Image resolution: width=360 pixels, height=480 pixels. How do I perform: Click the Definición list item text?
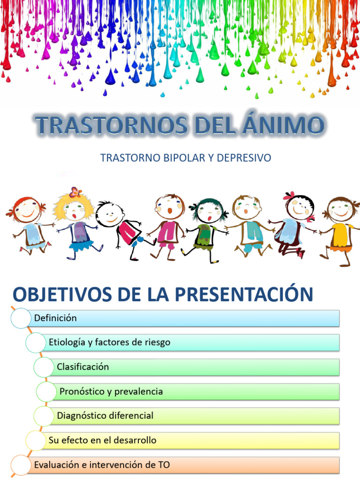[x=55, y=318]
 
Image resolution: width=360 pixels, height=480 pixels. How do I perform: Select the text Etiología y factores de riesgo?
[x=109, y=343]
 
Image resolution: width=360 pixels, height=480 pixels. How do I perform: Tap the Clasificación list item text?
[x=82, y=367]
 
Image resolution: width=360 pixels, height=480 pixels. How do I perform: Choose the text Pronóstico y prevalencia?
[x=111, y=391]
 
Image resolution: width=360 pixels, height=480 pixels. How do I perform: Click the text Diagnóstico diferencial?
[x=105, y=416]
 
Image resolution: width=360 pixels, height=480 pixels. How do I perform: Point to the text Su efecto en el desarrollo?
[x=102, y=441]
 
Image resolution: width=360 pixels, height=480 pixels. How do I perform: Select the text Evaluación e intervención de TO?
[x=102, y=465]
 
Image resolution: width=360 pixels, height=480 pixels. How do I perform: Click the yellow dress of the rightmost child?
[x=341, y=237]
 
